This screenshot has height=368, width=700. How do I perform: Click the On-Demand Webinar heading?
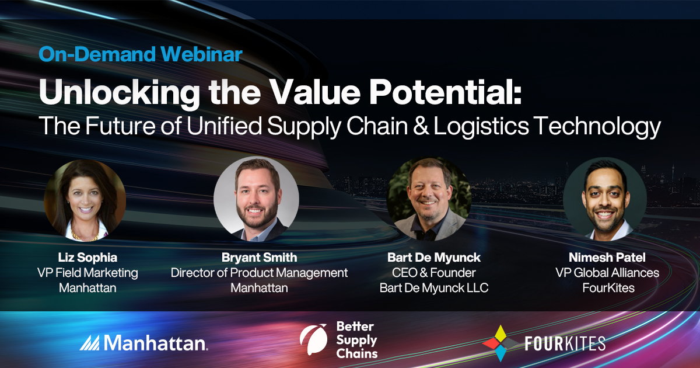click(140, 54)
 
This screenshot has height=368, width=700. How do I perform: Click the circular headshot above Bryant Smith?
click(256, 199)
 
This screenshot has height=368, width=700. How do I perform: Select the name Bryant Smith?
click(258, 258)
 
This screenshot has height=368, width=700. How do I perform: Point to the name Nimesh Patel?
click(606, 258)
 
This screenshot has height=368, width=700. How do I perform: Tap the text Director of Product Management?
click(259, 273)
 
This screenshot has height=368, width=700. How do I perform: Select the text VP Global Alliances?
click(606, 273)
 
